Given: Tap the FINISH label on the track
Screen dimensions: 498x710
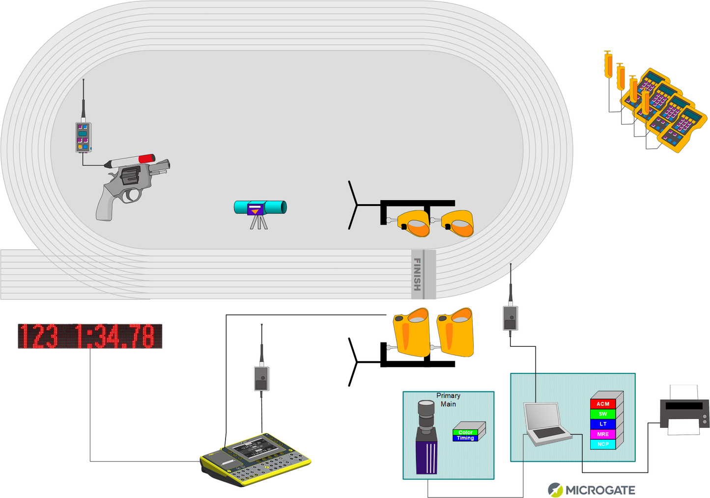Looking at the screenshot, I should click(417, 274).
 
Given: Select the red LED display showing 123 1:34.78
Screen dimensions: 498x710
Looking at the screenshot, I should click(90, 336).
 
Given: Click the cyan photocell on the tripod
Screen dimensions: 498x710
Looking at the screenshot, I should click(260, 208).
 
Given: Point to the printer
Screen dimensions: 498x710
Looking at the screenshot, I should click(684, 410).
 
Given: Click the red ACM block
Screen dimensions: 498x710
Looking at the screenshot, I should click(603, 404).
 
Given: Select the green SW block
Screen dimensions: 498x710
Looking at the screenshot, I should click(603, 414).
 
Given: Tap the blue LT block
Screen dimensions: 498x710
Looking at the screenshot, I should click(603, 424).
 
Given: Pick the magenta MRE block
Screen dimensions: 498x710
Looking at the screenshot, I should click(603, 434).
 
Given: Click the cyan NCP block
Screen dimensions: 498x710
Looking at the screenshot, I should click(603, 444).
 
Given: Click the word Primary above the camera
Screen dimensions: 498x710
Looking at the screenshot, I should click(448, 395).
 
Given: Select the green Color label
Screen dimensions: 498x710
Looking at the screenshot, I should click(465, 432).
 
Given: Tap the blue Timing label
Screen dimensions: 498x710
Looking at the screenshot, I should click(465, 438).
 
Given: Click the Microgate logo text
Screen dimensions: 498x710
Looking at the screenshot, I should click(600, 490).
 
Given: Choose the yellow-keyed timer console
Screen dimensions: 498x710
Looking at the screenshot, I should click(256, 459).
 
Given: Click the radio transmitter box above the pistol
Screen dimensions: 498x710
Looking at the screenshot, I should click(83, 137).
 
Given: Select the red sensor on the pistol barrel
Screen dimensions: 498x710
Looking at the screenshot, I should click(147, 158).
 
